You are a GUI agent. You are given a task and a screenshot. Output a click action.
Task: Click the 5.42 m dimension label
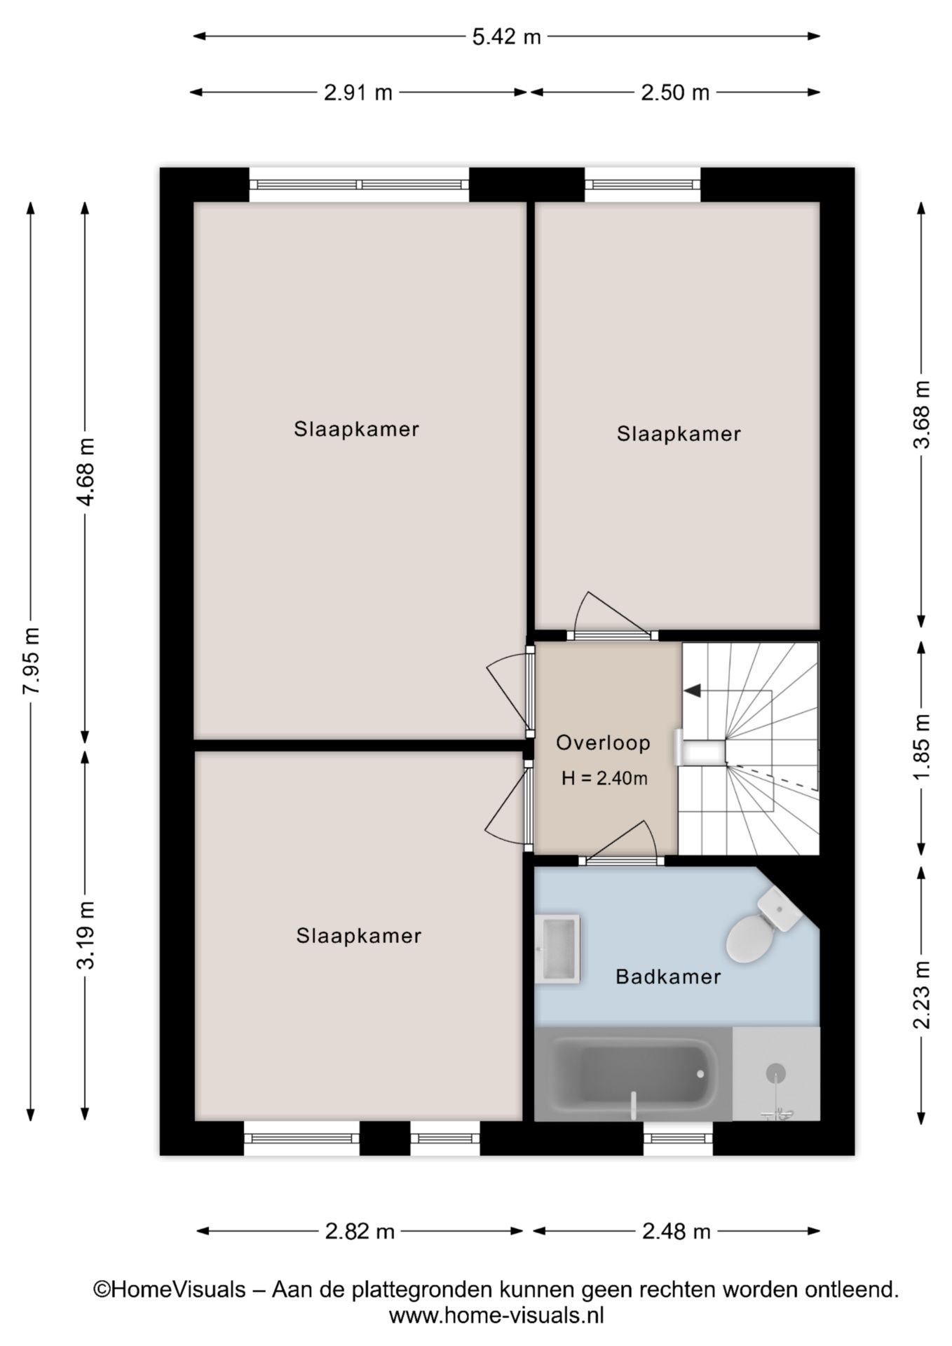(x=506, y=36)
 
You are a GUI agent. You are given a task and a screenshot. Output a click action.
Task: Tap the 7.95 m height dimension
(x=32, y=660)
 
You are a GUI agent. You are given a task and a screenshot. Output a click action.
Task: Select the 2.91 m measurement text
(x=358, y=93)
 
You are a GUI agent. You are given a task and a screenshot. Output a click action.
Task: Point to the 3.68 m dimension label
(x=922, y=415)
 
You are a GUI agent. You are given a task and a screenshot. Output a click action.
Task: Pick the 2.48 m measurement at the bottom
(x=676, y=1231)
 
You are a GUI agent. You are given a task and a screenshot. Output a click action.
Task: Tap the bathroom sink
(x=558, y=949)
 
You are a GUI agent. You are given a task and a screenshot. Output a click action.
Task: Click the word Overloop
(x=603, y=743)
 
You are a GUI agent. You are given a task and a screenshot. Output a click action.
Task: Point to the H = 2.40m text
(x=604, y=778)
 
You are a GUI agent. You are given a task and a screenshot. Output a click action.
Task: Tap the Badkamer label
(x=668, y=977)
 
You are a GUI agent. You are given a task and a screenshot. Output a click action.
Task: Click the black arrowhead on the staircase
(x=693, y=691)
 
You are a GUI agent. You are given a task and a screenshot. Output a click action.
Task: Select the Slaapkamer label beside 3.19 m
(x=358, y=936)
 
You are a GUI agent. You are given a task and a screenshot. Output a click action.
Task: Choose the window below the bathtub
(x=678, y=1138)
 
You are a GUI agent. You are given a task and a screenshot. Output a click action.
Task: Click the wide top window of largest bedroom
(x=359, y=185)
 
